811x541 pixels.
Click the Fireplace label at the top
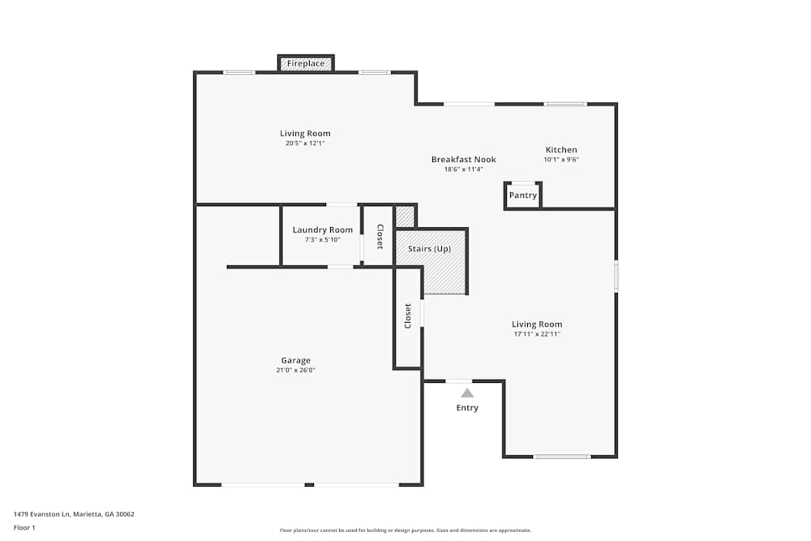pos(306,63)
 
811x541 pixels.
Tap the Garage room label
pos(295,360)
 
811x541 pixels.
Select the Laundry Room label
pos(323,230)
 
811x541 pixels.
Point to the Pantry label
pos(523,195)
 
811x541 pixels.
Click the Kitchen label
pos(561,149)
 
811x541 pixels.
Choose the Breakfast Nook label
pos(463,160)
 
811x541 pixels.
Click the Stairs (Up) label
pos(430,248)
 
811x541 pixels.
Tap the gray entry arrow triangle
pos(467,393)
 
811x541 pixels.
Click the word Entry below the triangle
pos(467,407)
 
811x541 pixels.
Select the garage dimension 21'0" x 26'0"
pos(295,371)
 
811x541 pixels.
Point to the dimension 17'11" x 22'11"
pos(537,334)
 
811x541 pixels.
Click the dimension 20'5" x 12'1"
pos(305,144)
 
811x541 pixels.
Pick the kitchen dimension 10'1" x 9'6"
pos(561,160)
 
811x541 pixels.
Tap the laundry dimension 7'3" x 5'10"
pos(323,240)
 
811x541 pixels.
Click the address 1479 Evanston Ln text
pos(74,513)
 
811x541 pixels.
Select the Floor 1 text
pos(24,527)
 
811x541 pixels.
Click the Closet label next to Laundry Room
pos(379,235)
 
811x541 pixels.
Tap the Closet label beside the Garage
pos(408,316)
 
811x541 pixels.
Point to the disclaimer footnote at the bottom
pos(405,530)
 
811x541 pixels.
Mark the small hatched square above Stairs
pos(405,217)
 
